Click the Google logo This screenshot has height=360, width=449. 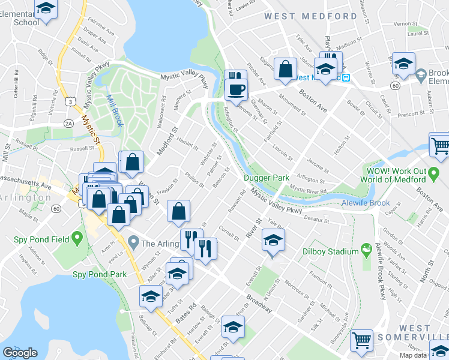coord(20,352)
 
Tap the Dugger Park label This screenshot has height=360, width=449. coord(267,178)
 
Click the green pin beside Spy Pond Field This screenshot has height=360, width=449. coord(77,240)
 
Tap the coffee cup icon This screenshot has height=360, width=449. coord(236,89)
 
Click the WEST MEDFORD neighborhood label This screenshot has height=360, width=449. coord(310,16)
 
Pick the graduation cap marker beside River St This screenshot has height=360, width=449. coord(273,242)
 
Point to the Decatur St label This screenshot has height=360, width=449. coord(318,218)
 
